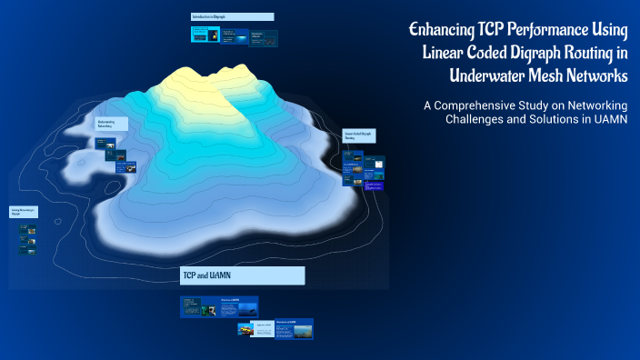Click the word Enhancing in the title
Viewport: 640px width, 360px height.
tap(441, 31)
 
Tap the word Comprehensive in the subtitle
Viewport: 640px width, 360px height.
tap(476, 105)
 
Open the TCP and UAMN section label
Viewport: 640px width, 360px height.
tap(242, 275)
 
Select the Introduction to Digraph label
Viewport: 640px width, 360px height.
tap(232, 16)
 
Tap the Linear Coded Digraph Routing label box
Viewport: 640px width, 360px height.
tap(358, 135)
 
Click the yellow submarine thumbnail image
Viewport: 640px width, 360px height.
tap(245, 329)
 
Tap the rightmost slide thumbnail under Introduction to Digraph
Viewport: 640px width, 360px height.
tap(264, 38)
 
